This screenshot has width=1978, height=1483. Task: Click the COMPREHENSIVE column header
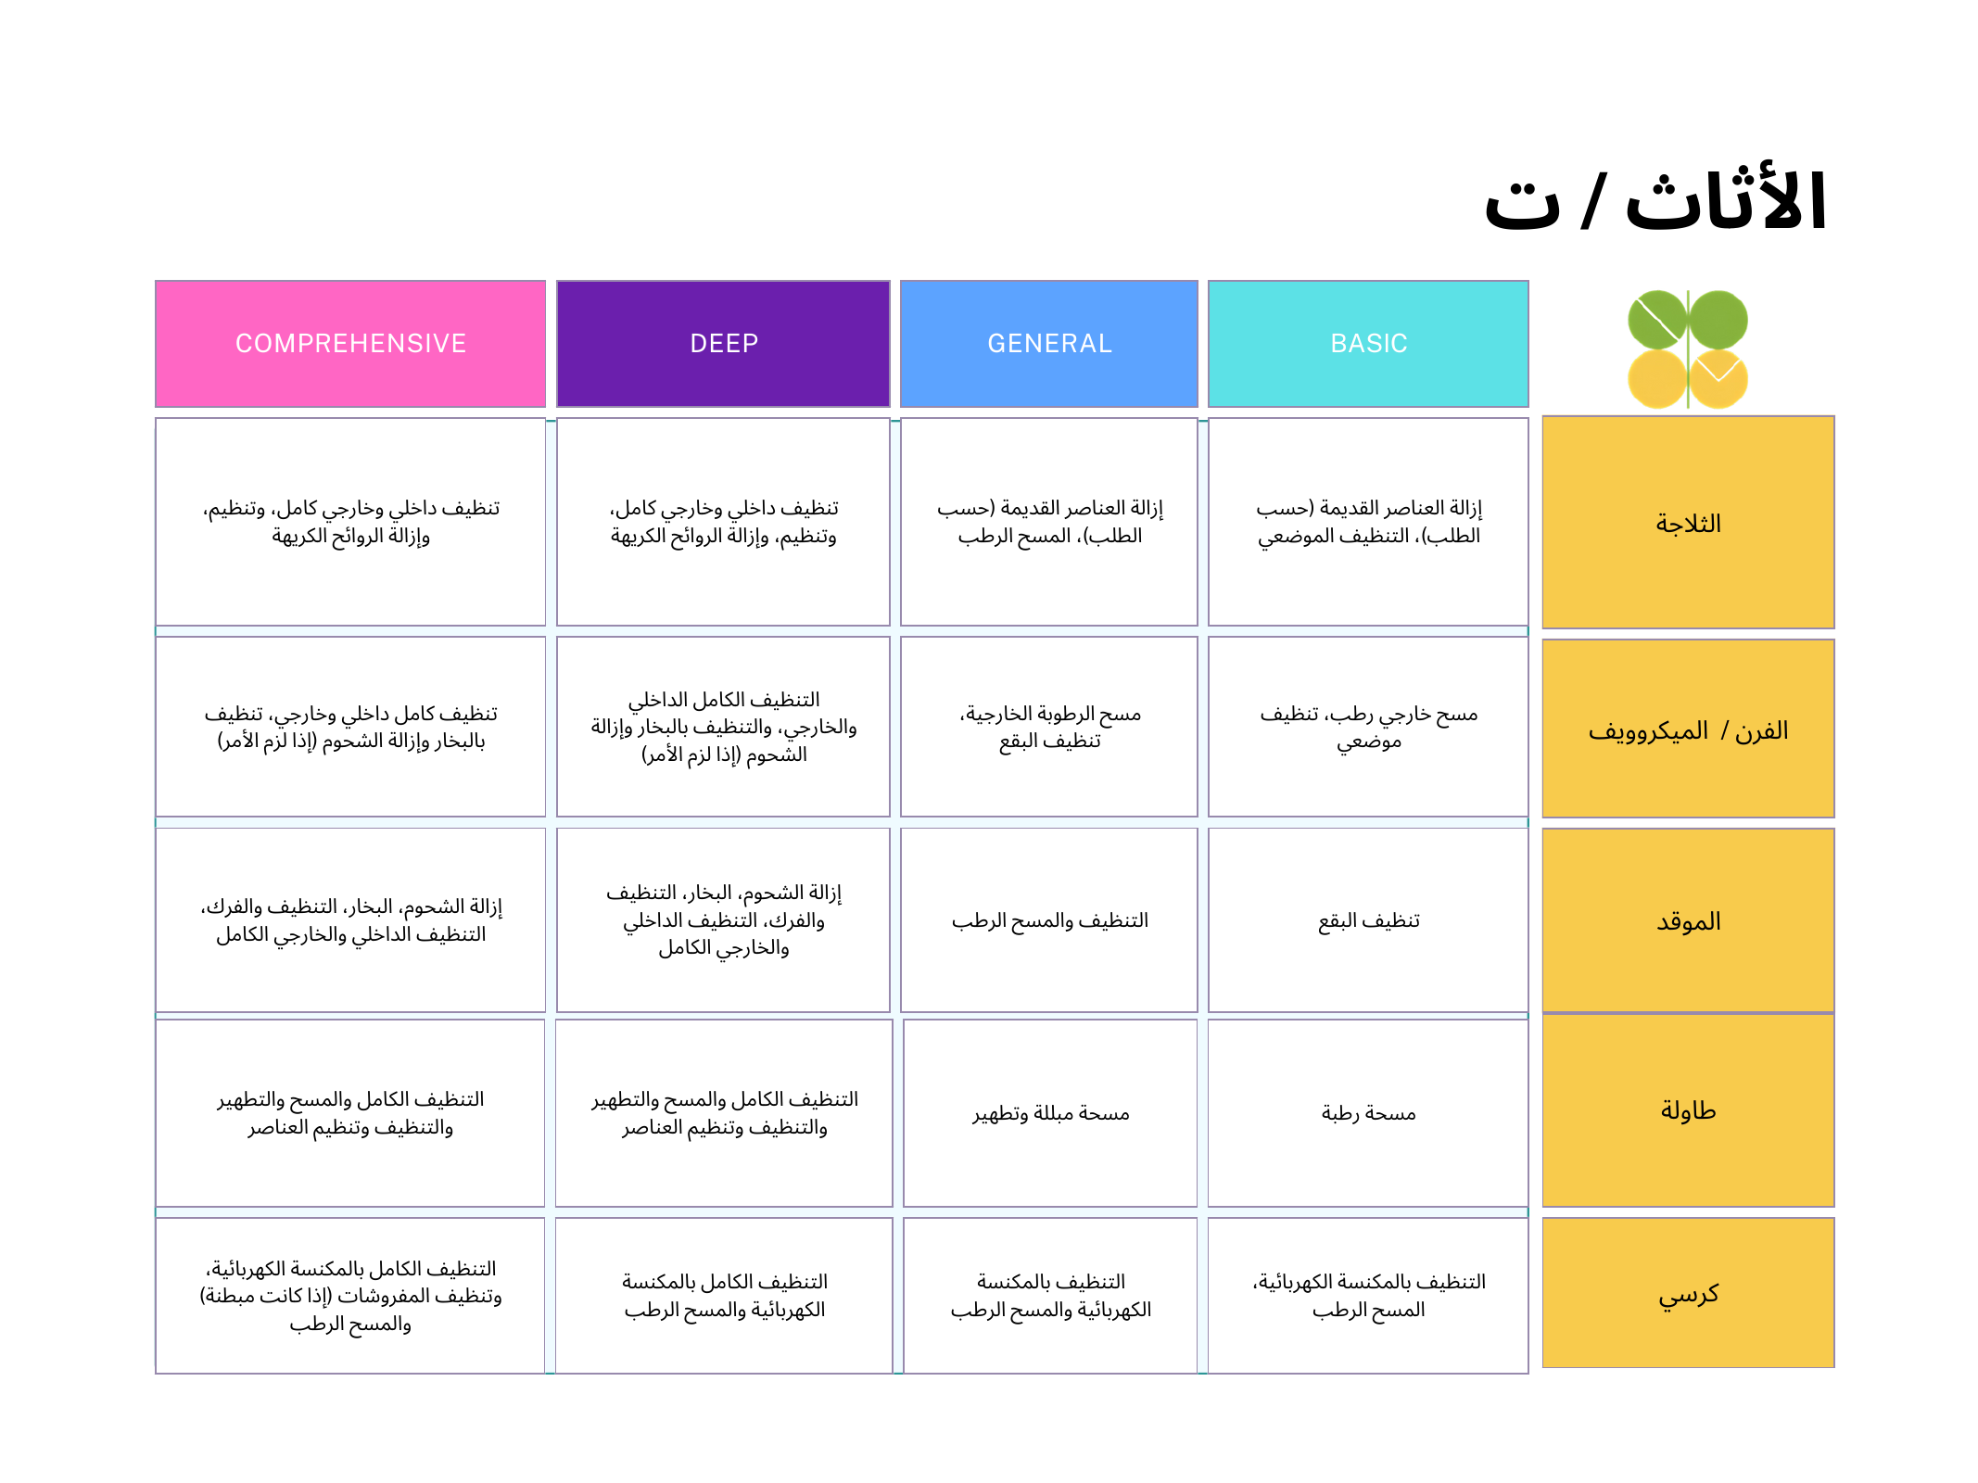tap(350, 344)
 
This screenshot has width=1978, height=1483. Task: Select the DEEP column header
tap(723, 344)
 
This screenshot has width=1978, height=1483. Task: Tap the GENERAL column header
tap(1048, 344)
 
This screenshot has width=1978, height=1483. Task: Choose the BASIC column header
tap(1368, 344)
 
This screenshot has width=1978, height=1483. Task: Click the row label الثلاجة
tap(1688, 523)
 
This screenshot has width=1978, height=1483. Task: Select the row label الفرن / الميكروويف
tap(1688, 729)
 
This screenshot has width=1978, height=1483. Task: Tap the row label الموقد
tap(1688, 920)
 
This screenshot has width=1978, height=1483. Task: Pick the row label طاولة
tap(1688, 1109)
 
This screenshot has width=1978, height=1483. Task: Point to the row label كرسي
tap(1688, 1293)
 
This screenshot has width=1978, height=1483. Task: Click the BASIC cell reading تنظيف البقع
tap(1368, 920)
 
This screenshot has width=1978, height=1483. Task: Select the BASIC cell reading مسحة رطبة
tap(1368, 1112)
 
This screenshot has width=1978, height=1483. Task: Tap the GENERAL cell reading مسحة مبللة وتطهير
tap(1050, 1112)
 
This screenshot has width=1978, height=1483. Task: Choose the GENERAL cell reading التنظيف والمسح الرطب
tap(1048, 920)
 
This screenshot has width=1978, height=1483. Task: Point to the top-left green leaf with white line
tap(1657, 320)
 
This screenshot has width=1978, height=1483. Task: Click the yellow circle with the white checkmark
tap(1718, 378)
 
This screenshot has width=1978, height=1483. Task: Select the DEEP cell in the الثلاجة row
tap(723, 522)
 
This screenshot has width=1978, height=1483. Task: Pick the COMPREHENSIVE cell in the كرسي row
tap(350, 1295)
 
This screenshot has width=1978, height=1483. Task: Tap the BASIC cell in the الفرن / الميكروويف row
tap(1368, 727)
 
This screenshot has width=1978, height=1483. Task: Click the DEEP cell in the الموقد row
tap(723, 919)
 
